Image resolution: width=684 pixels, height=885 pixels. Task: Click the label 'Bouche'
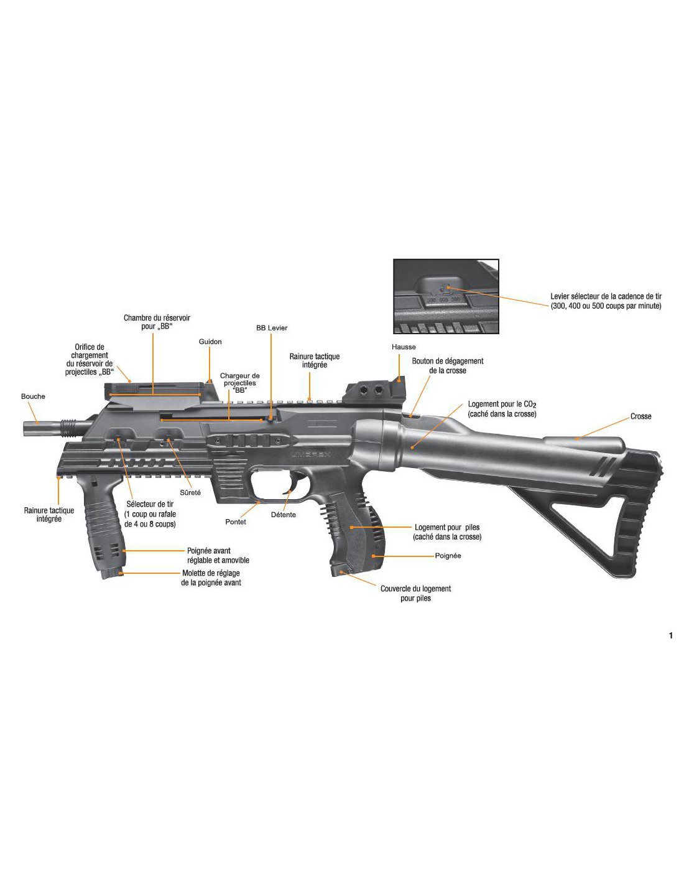[x=33, y=396]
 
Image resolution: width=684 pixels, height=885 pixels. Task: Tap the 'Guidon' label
[x=210, y=342]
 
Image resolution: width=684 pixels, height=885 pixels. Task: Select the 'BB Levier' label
[x=272, y=328]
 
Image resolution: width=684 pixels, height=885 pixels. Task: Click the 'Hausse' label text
[x=404, y=347]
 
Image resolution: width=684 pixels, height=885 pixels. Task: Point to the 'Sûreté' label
[x=190, y=492]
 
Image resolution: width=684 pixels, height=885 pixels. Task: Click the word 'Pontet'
[x=236, y=522]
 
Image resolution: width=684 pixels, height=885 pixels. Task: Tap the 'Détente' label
[x=284, y=515]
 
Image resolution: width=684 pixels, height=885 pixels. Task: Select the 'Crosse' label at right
[x=640, y=416]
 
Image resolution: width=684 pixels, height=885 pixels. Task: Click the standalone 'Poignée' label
[x=448, y=556]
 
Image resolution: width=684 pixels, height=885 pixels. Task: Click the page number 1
[x=670, y=635]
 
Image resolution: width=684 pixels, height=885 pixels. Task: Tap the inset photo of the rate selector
[x=446, y=297]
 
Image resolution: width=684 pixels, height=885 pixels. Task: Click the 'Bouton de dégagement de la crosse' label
[x=447, y=365]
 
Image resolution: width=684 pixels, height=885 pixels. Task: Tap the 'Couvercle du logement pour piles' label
[x=415, y=593]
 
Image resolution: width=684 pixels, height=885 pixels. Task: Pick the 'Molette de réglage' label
[x=211, y=578]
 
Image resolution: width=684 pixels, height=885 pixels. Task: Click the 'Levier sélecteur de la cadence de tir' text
[x=606, y=301]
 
